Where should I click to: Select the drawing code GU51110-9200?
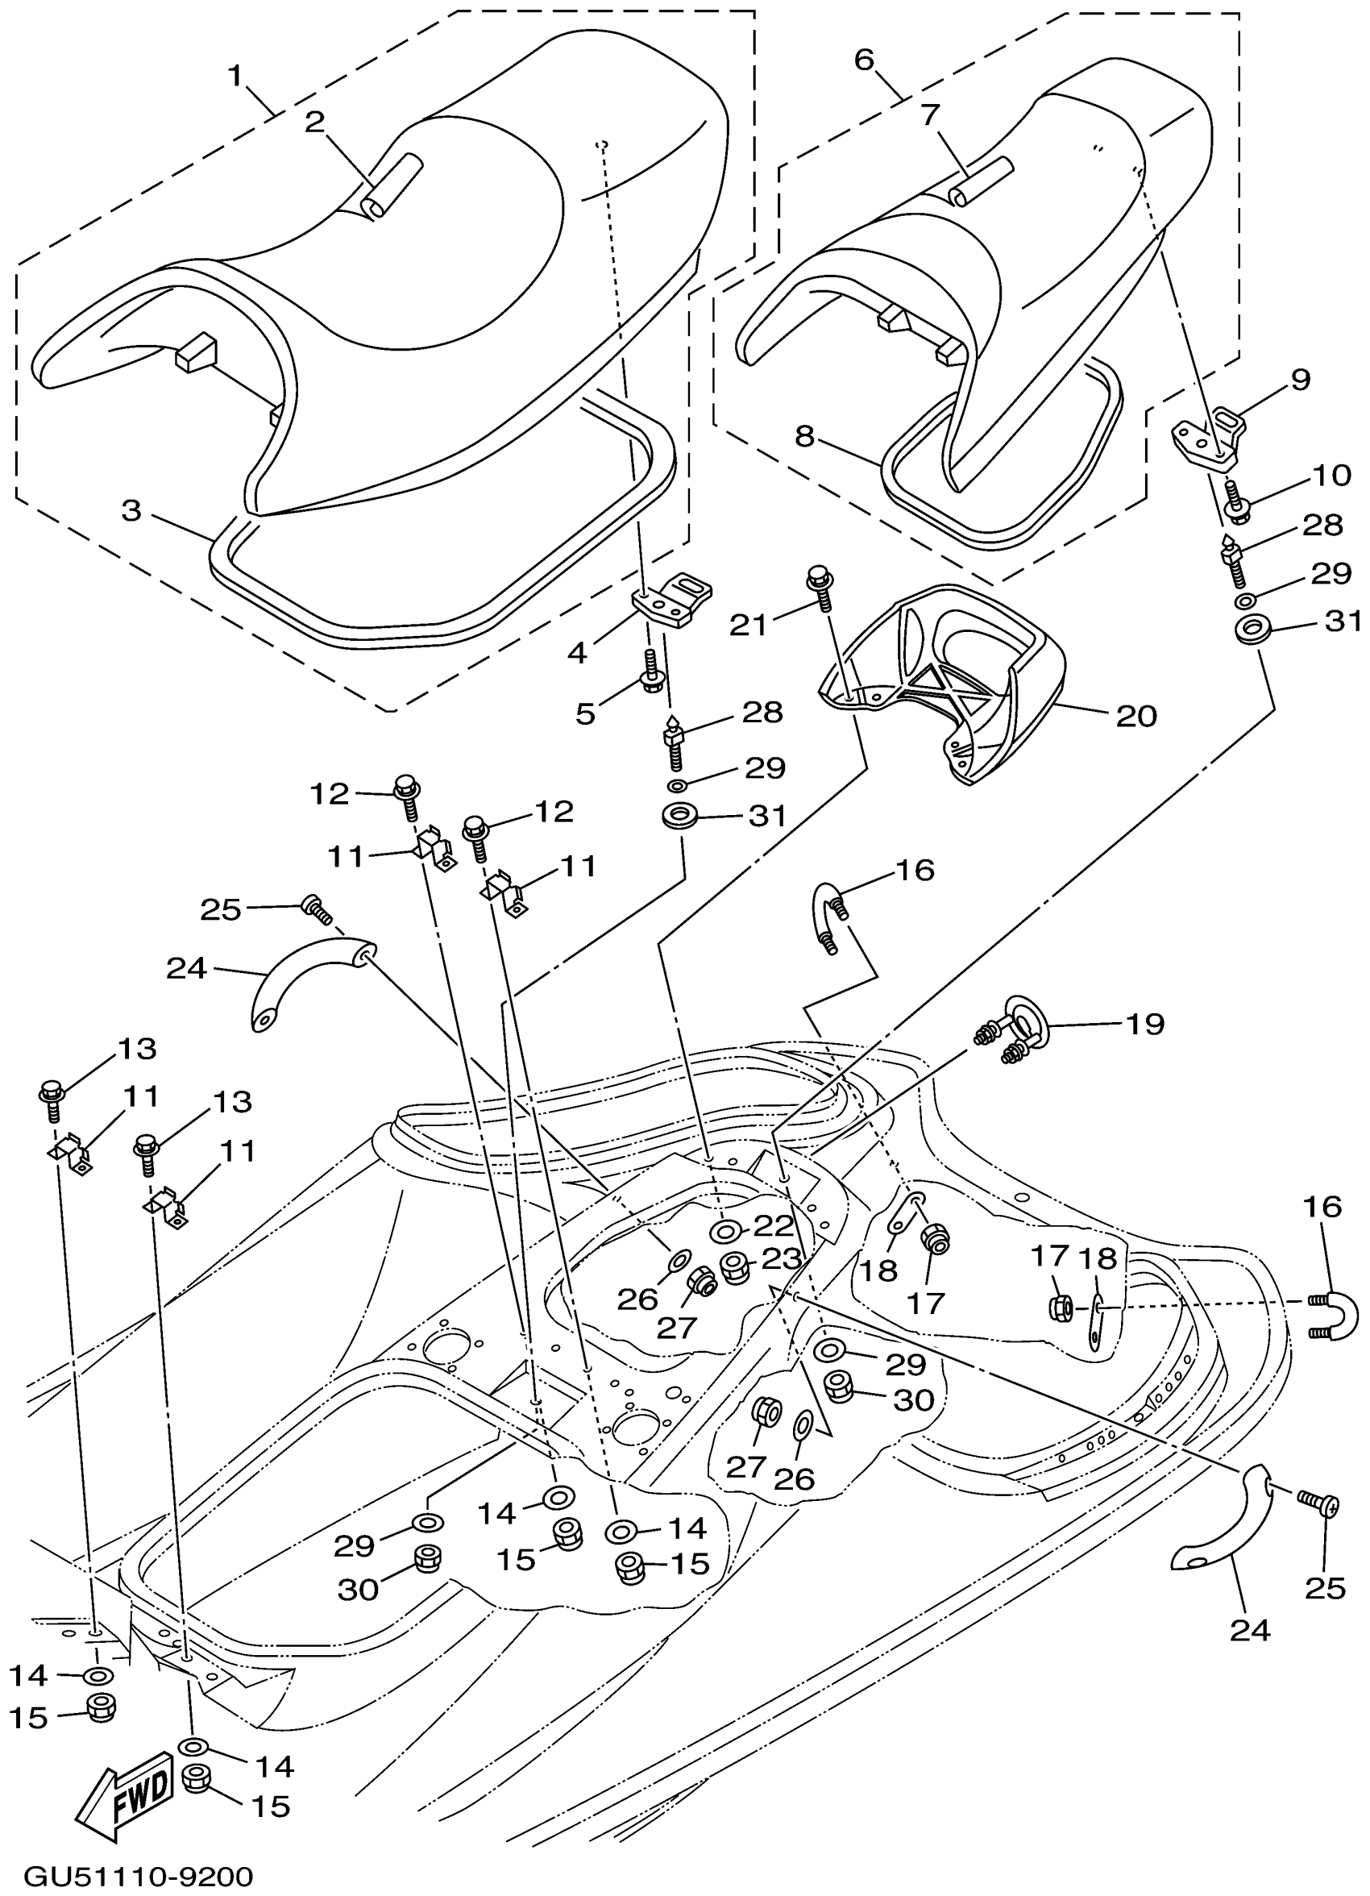(138, 1877)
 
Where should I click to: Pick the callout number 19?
(1144, 1023)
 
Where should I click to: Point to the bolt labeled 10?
(1237, 500)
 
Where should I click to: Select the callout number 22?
(772, 1226)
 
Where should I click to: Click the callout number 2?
(314, 122)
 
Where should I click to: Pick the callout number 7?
(931, 114)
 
